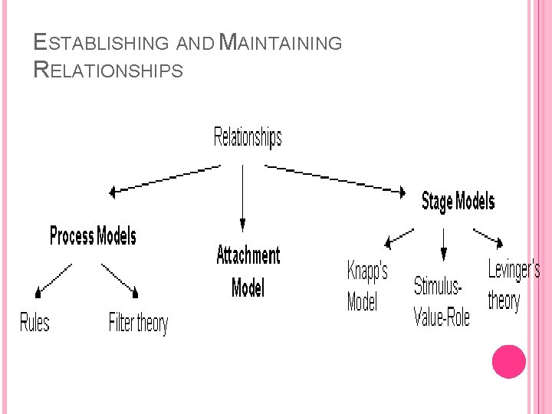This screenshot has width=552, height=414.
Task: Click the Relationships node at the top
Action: point(247,138)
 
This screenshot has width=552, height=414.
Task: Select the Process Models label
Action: point(93,236)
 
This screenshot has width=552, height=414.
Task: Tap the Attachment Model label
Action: point(248,271)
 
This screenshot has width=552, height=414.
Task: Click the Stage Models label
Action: point(458,202)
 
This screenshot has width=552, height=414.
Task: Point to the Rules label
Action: point(34,323)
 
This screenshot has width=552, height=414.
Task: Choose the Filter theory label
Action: point(138,323)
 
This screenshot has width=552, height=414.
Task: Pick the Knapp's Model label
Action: point(367,287)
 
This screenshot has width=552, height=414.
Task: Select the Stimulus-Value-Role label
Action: point(442,302)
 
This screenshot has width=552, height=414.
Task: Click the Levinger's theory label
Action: point(514,285)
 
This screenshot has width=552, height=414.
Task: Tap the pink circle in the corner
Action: point(508,361)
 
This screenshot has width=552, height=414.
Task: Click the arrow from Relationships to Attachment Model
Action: point(242,197)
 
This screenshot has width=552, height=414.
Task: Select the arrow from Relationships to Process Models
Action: point(165,179)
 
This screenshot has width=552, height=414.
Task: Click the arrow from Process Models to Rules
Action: point(54,279)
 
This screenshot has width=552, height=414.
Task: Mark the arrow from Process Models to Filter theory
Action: point(120,280)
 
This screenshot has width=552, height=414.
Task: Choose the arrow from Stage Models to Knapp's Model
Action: point(399,237)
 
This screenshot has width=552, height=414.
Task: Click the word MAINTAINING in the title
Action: point(281,43)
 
